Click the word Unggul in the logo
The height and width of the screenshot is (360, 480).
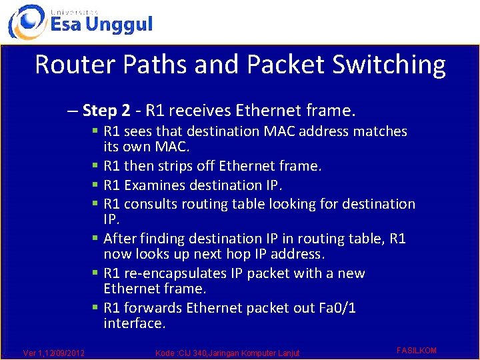119,25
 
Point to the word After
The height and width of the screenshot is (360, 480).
120,239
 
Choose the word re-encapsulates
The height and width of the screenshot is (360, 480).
176,273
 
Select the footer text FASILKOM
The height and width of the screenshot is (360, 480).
417,351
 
